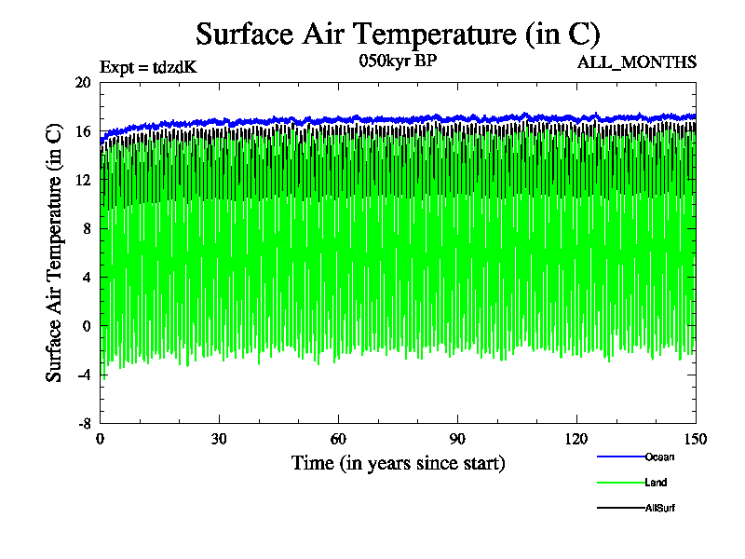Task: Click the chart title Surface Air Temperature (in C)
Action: (398, 34)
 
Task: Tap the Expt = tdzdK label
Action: (148, 67)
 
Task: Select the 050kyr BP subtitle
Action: (398, 62)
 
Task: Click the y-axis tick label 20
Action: (82, 82)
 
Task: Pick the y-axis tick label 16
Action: (82, 131)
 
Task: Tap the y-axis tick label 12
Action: (82, 180)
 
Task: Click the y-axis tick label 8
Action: (86, 228)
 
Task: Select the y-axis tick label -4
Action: (82, 375)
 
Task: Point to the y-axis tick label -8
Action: (82, 423)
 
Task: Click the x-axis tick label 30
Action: (220, 440)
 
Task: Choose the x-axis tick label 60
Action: (339, 440)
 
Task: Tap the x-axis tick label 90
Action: (458, 440)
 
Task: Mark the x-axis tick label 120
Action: (577, 440)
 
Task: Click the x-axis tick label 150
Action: (696, 440)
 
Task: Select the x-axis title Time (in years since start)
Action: (398, 463)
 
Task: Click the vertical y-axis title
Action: (54, 252)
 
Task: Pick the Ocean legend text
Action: (659, 457)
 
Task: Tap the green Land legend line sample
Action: (620, 483)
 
